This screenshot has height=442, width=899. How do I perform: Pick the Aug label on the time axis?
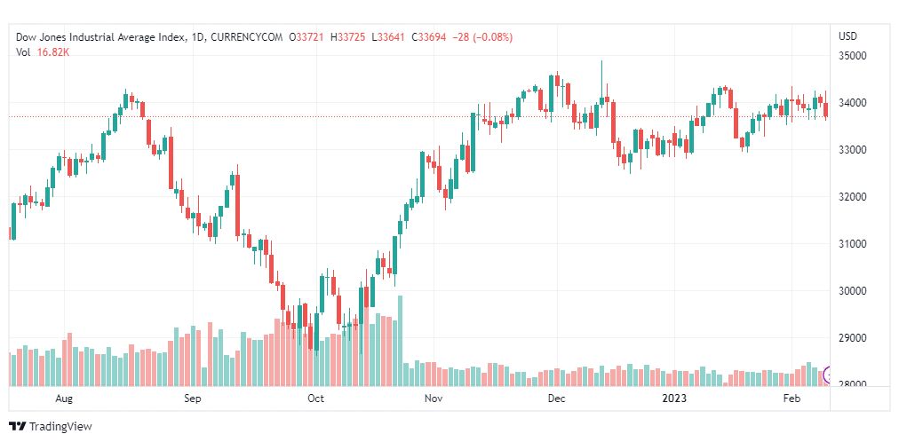tap(63, 399)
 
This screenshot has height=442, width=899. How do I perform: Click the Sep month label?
tap(193, 399)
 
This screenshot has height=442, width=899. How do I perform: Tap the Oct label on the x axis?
tap(315, 399)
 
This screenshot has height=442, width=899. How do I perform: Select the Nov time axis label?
tap(434, 399)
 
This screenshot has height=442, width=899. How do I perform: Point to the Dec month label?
tap(556, 399)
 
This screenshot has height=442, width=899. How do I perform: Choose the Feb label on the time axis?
tap(792, 399)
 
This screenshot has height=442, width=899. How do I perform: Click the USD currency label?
tap(847, 36)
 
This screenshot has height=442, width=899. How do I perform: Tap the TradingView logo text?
tap(60, 427)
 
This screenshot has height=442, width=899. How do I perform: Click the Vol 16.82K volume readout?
tap(43, 52)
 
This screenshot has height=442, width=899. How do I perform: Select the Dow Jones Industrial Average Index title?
tap(101, 37)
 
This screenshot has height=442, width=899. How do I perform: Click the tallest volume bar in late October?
tap(401, 341)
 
